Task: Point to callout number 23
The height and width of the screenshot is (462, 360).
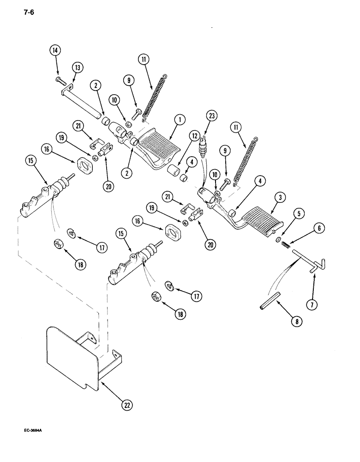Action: (x=212, y=117)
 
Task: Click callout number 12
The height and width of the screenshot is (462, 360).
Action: (x=194, y=136)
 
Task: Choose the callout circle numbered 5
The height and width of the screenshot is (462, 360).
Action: (x=300, y=214)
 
